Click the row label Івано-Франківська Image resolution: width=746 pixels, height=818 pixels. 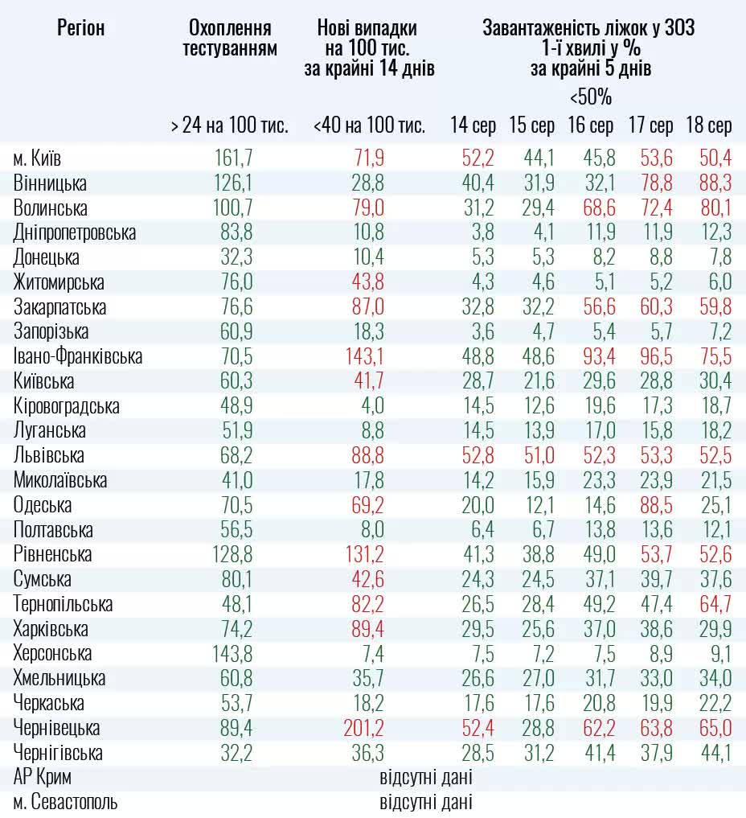tap(77, 356)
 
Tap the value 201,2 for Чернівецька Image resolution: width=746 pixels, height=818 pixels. tap(363, 729)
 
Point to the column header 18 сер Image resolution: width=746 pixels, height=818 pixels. tap(708, 125)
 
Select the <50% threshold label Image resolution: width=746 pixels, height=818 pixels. tap(591, 98)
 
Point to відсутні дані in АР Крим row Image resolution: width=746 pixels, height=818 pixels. tap(425, 778)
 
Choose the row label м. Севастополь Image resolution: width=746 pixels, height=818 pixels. tap(65, 803)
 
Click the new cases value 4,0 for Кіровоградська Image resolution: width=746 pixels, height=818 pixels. tap(370, 406)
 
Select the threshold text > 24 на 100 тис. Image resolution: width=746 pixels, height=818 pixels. tap(229, 125)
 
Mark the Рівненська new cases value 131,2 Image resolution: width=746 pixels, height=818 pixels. tap(363, 555)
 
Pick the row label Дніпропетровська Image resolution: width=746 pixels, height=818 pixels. tap(75, 233)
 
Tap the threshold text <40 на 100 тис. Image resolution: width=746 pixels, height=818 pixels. tap(369, 125)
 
